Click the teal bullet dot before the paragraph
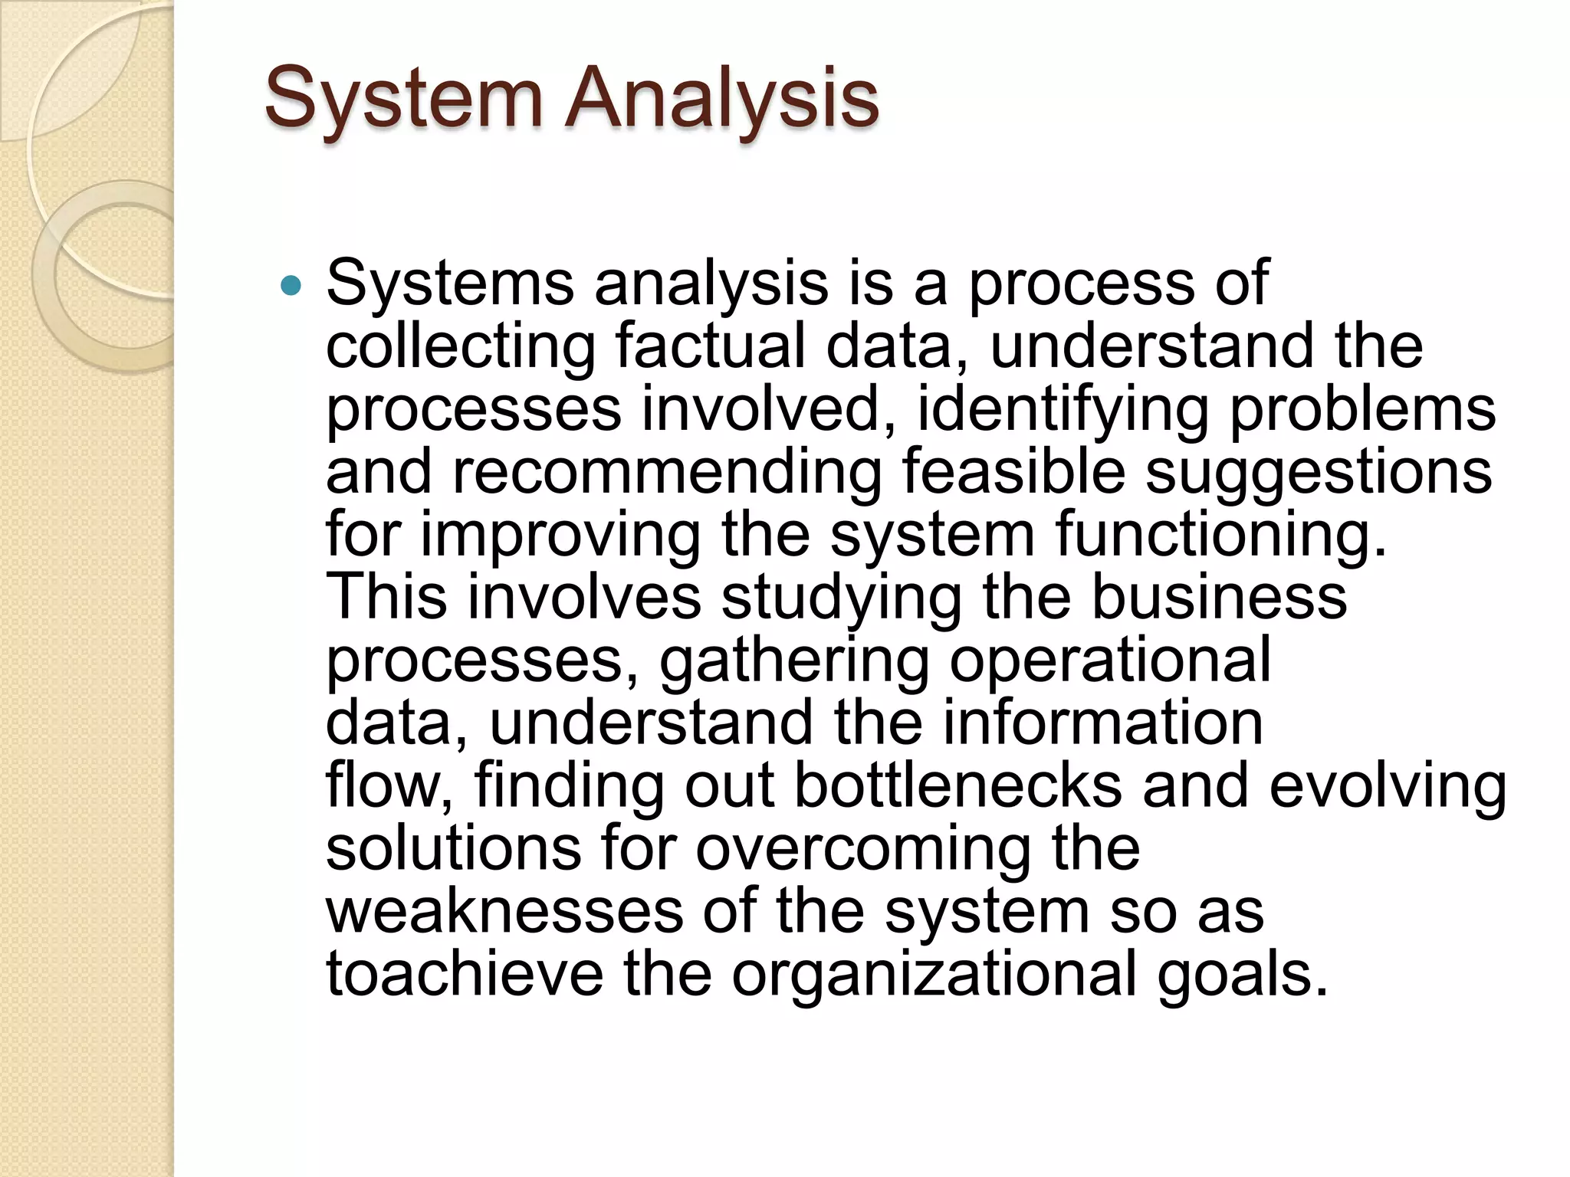[x=291, y=287]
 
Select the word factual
[x=710, y=346]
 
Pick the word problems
[x=1362, y=411]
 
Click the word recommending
[x=667, y=473]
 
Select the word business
[x=1218, y=597]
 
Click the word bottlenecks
[x=957, y=786]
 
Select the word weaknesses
[x=504, y=912]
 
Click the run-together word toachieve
[x=465, y=975]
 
